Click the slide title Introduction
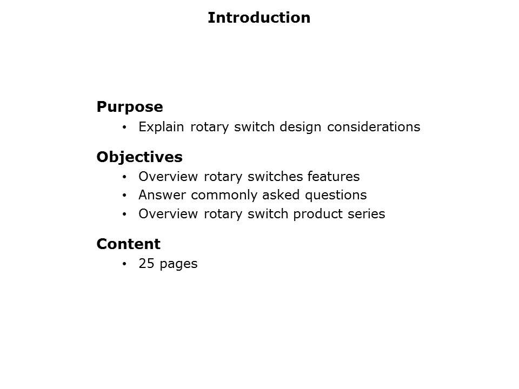tap(259, 18)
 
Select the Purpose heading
tap(130, 107)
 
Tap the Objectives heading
tap(139, 157)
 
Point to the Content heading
tap(129, 244)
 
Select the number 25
tap(146, 264)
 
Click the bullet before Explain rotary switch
tap(124, 128)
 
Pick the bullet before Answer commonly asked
tap(124, 196)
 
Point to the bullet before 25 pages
tap(124, 264)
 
